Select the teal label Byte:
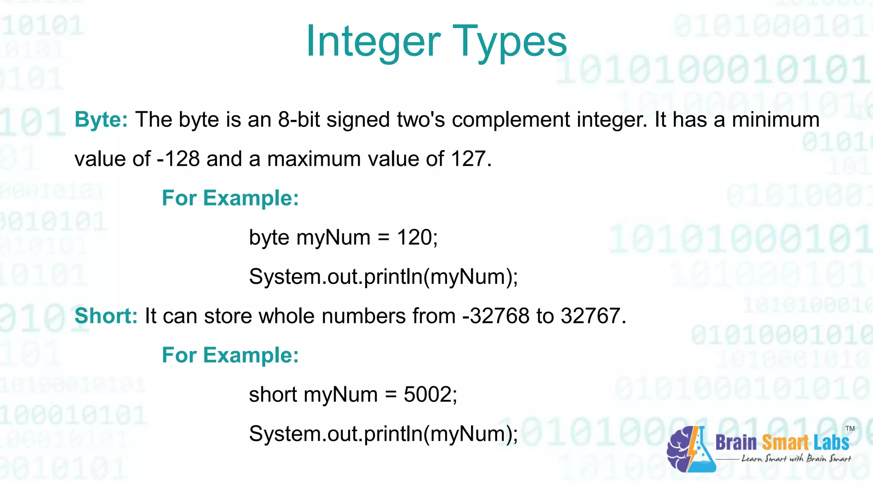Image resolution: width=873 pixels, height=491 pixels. tap(101, 119)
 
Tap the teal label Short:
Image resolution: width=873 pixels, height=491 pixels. tap(106, 316)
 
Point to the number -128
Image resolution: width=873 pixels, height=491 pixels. tap(178, 159)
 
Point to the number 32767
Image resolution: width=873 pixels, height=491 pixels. tap(590, 316)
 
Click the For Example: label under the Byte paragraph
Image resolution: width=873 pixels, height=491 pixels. tap(230, 198)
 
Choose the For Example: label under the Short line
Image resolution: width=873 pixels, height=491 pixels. tap(230, 355)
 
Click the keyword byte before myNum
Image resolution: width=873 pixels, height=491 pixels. tap(269, 238)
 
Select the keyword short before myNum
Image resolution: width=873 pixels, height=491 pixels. tap(273, 395)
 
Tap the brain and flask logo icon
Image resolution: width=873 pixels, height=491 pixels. tap(691, 449)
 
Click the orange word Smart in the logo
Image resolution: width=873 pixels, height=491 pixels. tap(784, 443)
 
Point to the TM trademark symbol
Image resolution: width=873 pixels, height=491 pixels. tap(850, 428)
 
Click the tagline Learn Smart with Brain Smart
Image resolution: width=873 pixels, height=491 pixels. tap(796, 459)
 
